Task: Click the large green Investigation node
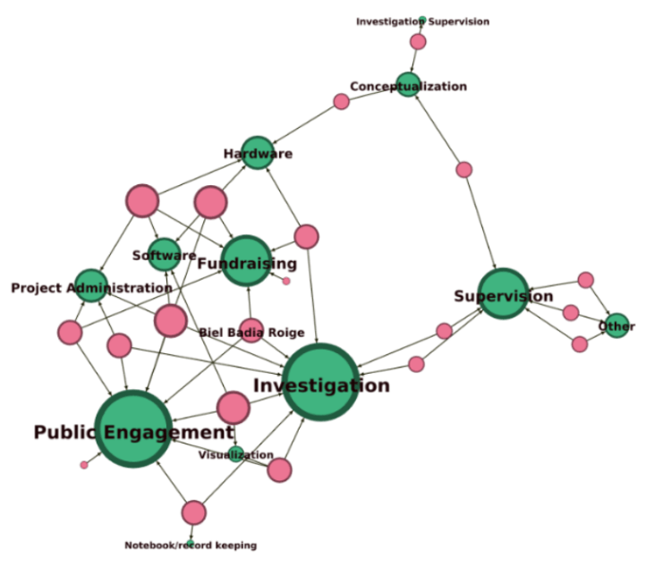321,382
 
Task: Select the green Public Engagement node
133,428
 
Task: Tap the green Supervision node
503,293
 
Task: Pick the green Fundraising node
246,260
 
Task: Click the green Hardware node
258,153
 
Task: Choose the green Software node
164,255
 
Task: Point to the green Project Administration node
90,285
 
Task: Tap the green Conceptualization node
408,86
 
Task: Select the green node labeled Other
616,326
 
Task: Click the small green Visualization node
236,453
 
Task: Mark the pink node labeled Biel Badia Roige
251,331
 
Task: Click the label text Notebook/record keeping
191,545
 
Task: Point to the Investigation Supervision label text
422,21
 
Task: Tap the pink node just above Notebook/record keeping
193,512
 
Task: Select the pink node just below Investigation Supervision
418,41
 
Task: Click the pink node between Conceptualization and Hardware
341,101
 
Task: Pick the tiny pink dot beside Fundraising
286,281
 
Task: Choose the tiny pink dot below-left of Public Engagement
84,464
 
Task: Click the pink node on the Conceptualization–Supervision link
463,169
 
